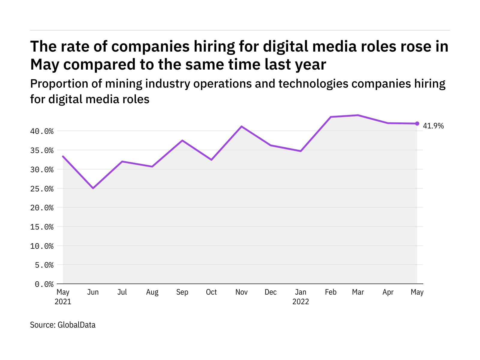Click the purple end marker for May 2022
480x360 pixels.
pos(417,124)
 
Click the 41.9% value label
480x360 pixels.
pos(433,126)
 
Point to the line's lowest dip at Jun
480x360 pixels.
pos(93,188)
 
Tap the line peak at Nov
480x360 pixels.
pos(241,126)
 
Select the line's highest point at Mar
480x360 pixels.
pos(358,115)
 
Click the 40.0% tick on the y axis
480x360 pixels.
pos(42,131)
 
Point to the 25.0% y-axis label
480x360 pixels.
pos(42,189)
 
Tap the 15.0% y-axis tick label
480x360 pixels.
pos(42,227)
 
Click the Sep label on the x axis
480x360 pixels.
pos(182,292)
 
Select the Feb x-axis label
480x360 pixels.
pos(331,292)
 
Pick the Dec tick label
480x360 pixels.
pos(271,292)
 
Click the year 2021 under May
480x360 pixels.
pos(63,302)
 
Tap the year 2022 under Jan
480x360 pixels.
pos(301,302)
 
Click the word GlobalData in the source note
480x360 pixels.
pos(76,325)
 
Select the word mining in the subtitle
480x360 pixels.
pos(124,84)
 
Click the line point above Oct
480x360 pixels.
pos(211,160)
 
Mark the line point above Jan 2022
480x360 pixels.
pos(301,151)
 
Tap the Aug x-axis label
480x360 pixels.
pos(152,292)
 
